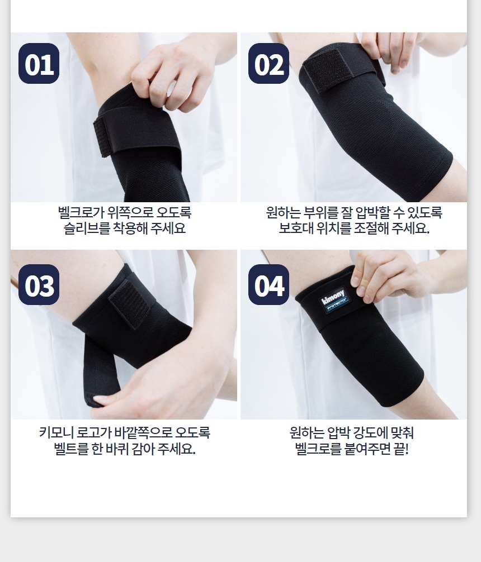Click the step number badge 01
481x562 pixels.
pyautogui.click(x=39, y=64)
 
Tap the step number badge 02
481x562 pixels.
pyautogui.click(x=269, y=64)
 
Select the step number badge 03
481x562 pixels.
pyautogui.click(x=39, y=285)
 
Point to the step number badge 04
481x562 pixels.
pyautogui.click(x=269, y=285)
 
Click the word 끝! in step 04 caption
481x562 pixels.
pyautogui.click(x=401, y=448)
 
